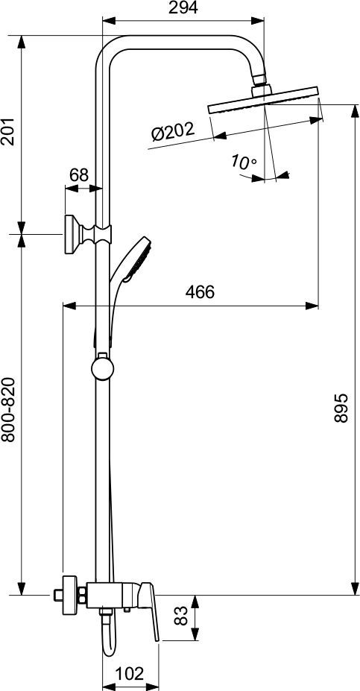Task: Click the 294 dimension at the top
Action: click(183, 8)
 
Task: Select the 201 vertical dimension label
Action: click(9, 133)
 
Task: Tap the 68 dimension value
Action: click(78, 175)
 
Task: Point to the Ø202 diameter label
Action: click(172, 132)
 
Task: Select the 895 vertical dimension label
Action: click(340, 408)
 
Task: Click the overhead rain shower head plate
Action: click(265, 105)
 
